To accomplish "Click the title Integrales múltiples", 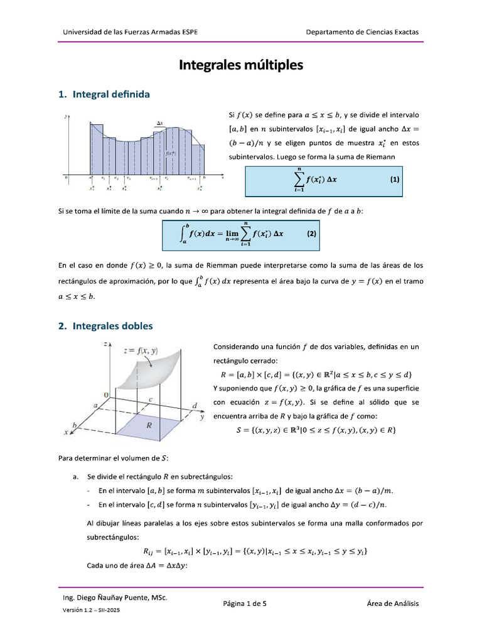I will [x=241, y=65].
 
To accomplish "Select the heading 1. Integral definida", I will [x=104, y=95].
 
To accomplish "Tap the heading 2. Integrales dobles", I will [x=105, y=327].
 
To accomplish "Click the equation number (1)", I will [x=395, y=179].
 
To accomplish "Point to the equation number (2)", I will [x=311, y=234].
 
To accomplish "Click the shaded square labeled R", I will [x=149, y=426].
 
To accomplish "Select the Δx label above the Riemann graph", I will [x=160, y=124].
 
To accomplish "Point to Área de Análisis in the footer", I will [x=393, y=604].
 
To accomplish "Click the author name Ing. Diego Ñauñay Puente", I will [x=112, y=598].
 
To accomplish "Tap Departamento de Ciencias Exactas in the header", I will [x=362, y=32].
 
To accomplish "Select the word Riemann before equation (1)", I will [x=377, y=156].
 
